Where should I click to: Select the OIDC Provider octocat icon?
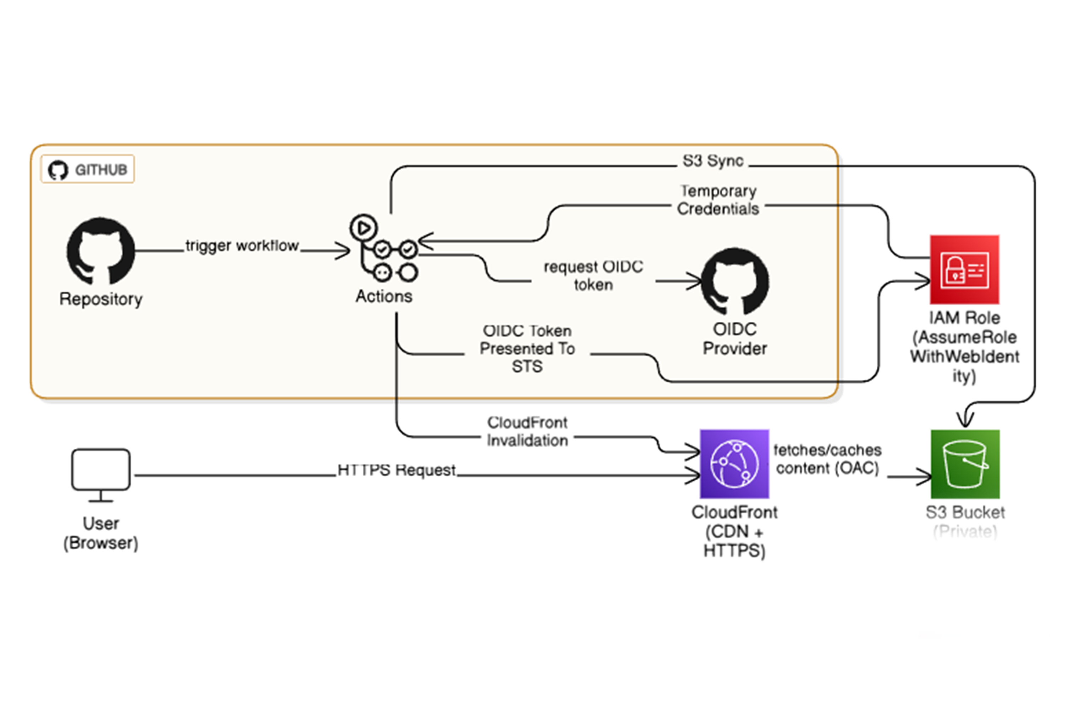tap(735, 282)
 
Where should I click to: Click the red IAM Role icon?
tap(964, 270)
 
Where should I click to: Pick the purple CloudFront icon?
tap(734, 464)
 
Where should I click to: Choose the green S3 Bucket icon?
tap(965, 464)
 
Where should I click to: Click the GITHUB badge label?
tap(87, 169)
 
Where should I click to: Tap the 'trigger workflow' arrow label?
tap(242, 246)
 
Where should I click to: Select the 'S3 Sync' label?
tap(713, 161)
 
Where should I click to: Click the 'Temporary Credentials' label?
tap(718, 200)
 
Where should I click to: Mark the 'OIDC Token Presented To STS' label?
tap(527, 348)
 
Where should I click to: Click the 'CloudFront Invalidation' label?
tap(527, 431)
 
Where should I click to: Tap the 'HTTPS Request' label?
tap(397, 470)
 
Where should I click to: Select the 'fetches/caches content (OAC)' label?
tap(828, 459)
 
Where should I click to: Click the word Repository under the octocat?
tap(101, 299)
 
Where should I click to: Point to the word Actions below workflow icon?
tap(384, 296)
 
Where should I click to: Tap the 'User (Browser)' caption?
tap(101, 533)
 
